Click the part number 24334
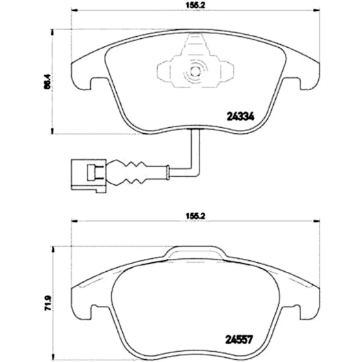[x=240, y=116]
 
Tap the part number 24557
[x=239, y=339]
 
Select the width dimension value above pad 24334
[x=195, y=5]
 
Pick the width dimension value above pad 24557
[x=195, y=216]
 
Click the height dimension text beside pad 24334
[x=47, y=81]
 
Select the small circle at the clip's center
[x=195, y=72]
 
